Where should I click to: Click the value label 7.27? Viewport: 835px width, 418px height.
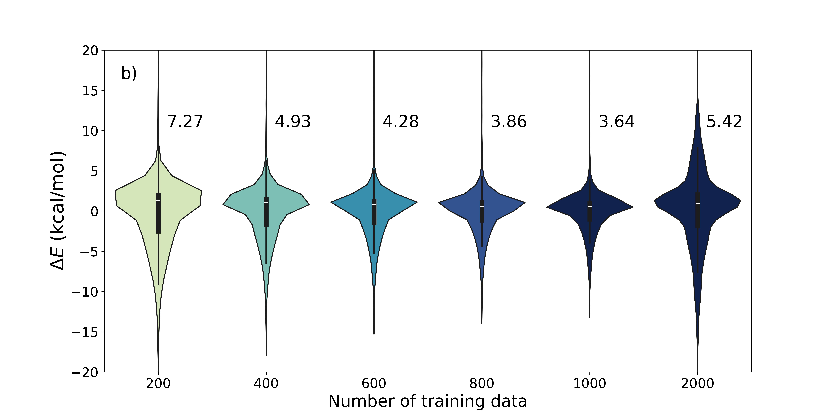[x=185, y=122]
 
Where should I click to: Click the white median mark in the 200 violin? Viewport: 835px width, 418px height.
[x=158, y=200]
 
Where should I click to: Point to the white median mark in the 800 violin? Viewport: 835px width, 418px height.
[x=482, y=206]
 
